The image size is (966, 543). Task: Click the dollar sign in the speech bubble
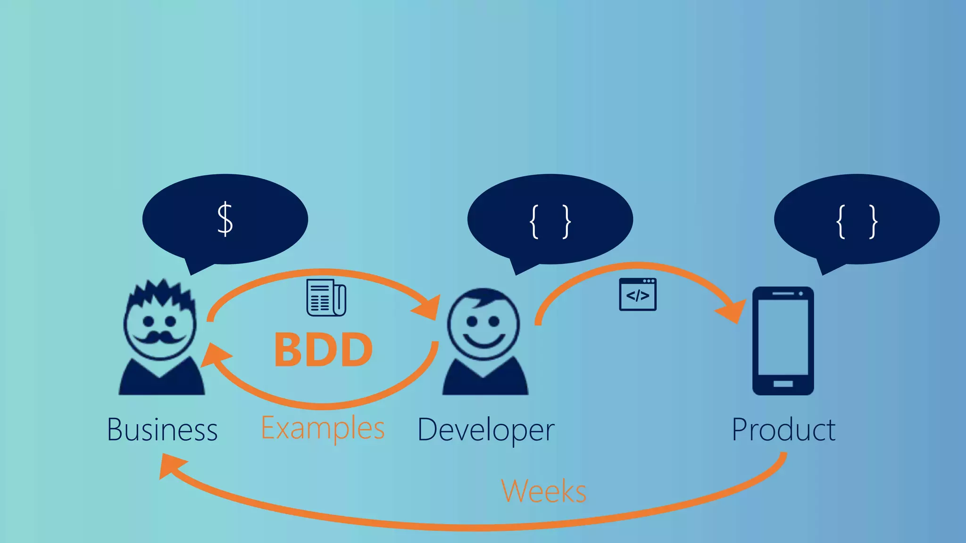click(225, 219)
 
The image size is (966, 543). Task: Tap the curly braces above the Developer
click(550, 221)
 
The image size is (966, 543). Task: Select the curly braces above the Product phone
click(857, 221)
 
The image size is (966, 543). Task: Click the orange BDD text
click(324, 350)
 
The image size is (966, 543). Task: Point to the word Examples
click(323, 428)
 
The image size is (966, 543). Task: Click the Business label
click(162, 430)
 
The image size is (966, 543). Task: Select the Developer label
click(486, 430)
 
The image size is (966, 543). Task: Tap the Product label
click(783, 430)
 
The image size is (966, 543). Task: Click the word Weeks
click(543, 491)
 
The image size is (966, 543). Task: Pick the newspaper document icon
click(326, 297)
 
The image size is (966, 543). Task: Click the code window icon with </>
click(637, 295)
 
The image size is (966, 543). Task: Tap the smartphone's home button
click(783, 384)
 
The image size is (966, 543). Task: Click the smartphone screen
click(783, 337)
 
